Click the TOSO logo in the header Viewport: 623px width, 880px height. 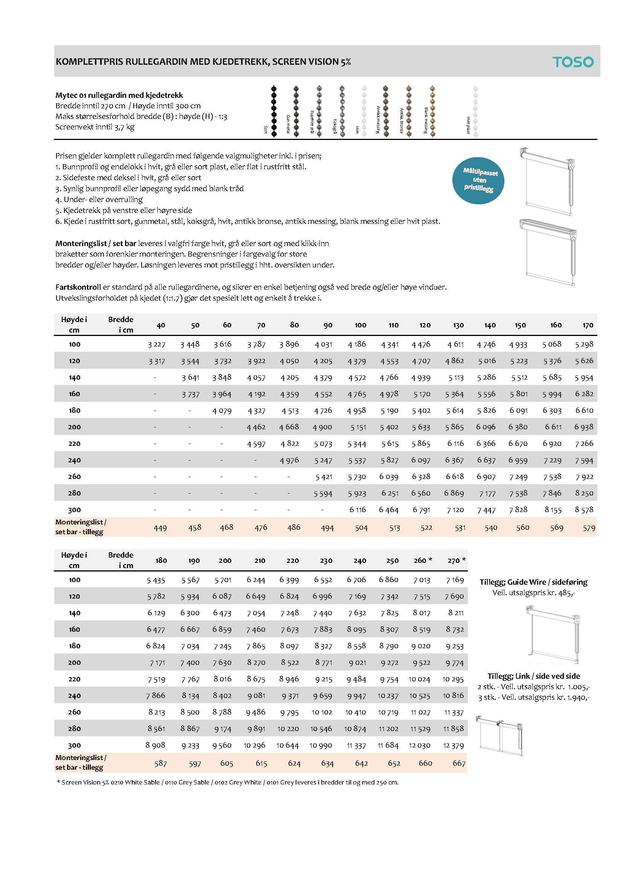[573, 62]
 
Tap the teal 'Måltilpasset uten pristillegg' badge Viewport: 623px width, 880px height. [478, 181]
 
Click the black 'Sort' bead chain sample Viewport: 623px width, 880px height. [274, 111]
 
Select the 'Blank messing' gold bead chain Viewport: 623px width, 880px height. [432, 111]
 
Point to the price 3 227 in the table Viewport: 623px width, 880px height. [157, 345]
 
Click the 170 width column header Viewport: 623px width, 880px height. [587, 325]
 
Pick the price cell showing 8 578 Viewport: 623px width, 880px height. [584, 510]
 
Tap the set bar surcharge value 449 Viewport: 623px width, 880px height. [160, 528]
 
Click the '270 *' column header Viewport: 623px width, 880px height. [456, 561]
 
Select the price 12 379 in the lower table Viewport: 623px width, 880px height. [454, 745]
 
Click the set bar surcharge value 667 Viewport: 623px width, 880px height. [459, 763]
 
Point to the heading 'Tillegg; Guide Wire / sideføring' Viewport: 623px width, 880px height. [533, 582]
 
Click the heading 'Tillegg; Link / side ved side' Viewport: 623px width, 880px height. [533, 676]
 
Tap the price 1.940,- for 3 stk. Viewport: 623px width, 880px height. [576, 697]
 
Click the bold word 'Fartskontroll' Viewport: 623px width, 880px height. [78, 287]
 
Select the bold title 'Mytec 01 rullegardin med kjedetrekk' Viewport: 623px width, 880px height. [119, 96]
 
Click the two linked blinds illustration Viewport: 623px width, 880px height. [499, 736]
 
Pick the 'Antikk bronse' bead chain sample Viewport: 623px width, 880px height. [409, 111]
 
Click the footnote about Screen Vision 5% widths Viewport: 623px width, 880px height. [228, 782]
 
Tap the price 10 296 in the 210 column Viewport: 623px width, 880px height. [254, 745]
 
